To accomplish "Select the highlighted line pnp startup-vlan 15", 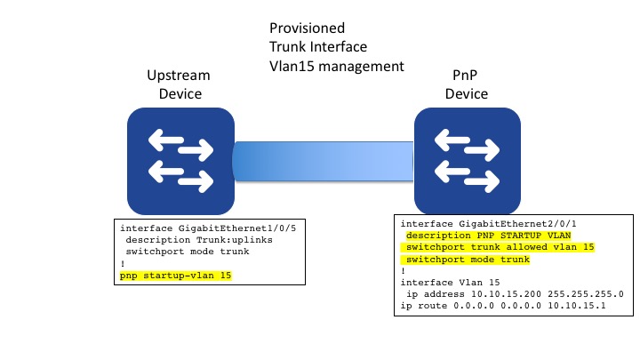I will pyautogui.click(x=175, y=276).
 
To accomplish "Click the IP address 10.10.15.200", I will pyautogui.click(x=509, y=293).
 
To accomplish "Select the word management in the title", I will pyautogui.click(x=363, y=66).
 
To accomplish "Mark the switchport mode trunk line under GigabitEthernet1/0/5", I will pyautogui.click(x=184, y=252).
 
